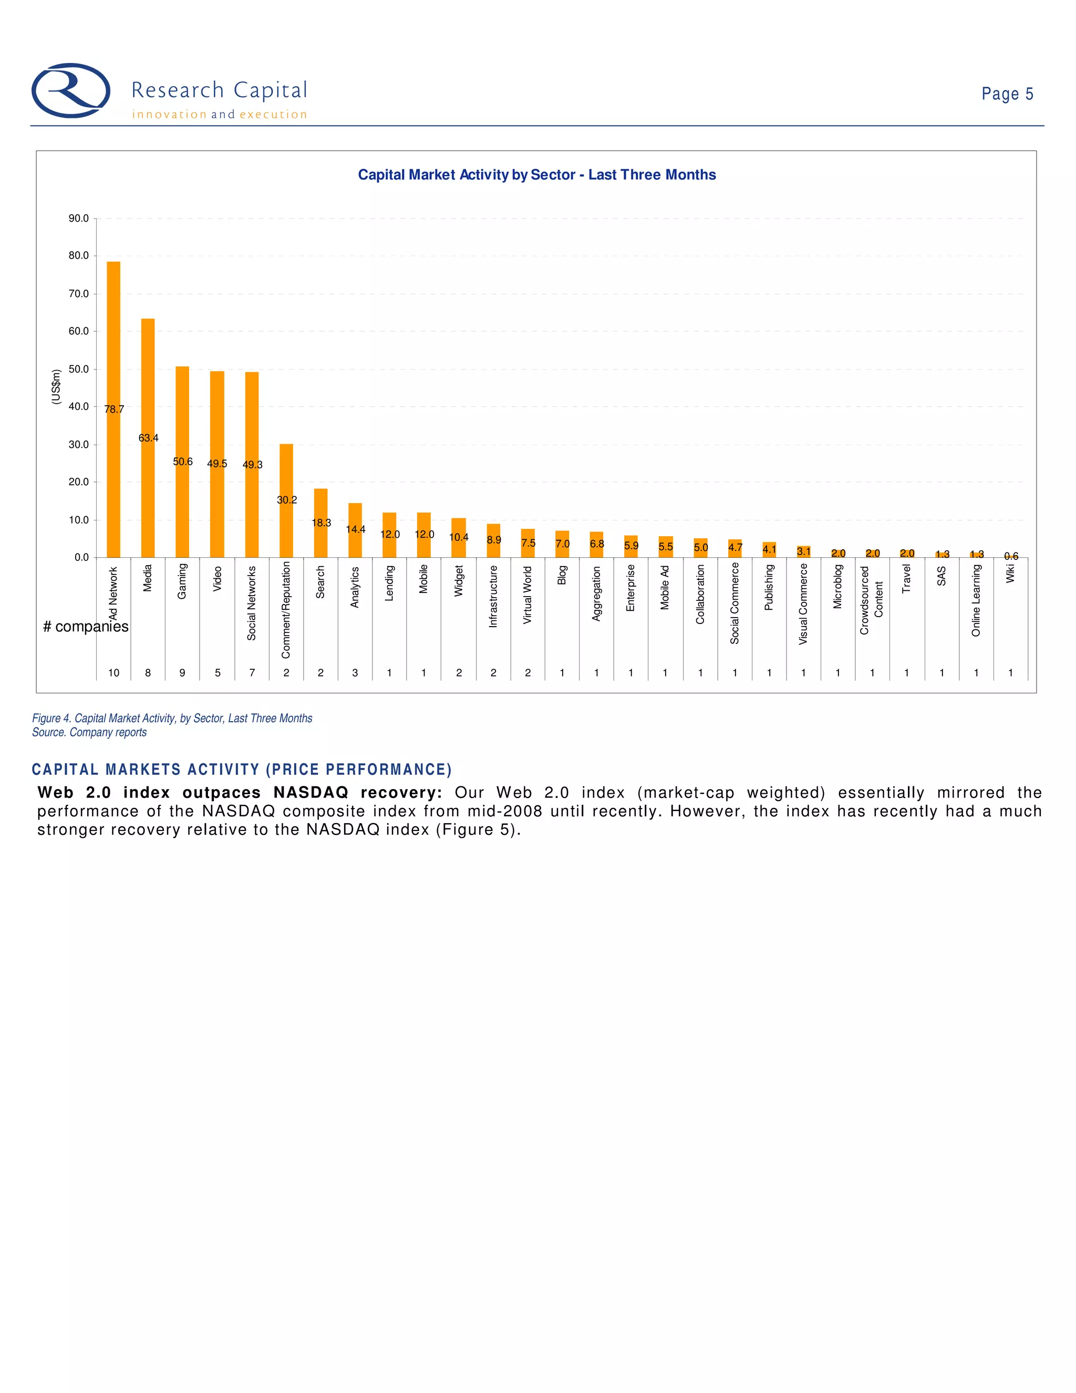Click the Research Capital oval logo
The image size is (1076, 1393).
[x=71, y=90]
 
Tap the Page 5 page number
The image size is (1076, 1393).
[x=1007, y=94]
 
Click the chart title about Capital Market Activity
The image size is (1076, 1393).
[x=537, y=175]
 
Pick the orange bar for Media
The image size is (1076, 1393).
[x=148, y=383]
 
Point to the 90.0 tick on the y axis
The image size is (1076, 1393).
[x=79, y=218]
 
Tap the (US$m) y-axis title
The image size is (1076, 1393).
[x=56, y=386]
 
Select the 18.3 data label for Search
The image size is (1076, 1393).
[x=321, y=523]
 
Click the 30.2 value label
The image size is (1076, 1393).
[x=287, y=500]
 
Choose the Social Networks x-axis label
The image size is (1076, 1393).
[x=252, y=603]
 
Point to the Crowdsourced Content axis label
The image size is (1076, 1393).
[x=872, y=600]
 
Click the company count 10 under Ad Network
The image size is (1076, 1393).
[x=113, y=672]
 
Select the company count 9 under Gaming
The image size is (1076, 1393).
[x=182, y=672]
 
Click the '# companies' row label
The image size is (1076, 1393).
[x=86, y=627]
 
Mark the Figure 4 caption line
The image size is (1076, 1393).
[x=172, y=718]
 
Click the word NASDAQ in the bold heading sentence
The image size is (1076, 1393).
[x=311, y=793]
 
